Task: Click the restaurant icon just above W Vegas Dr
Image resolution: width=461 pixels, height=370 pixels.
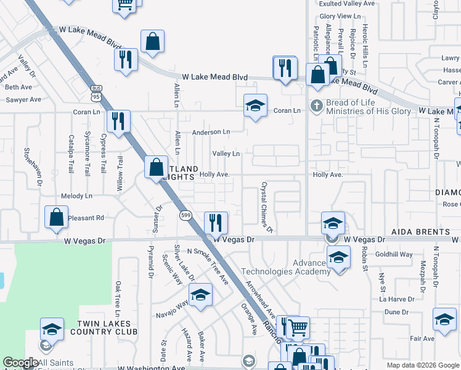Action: pos(215,221)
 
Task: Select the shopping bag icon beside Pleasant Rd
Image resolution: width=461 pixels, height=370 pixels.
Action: pos(56,217)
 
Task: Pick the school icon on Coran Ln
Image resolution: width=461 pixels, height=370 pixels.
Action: pos(255,105)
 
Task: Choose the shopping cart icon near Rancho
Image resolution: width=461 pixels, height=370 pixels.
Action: pos(298,327)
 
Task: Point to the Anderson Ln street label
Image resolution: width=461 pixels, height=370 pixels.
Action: pos(211,132)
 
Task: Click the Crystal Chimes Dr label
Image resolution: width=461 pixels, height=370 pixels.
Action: pos(266,207)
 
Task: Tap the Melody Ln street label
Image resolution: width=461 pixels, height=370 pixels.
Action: pos(76,196)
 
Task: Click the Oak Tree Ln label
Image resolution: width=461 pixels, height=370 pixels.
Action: pos(117,296)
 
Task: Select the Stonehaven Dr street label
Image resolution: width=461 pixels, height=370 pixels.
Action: pos(31,166)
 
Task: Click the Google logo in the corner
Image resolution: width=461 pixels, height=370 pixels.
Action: pos(20,363)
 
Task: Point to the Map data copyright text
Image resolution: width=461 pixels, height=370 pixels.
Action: pos(422,365)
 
